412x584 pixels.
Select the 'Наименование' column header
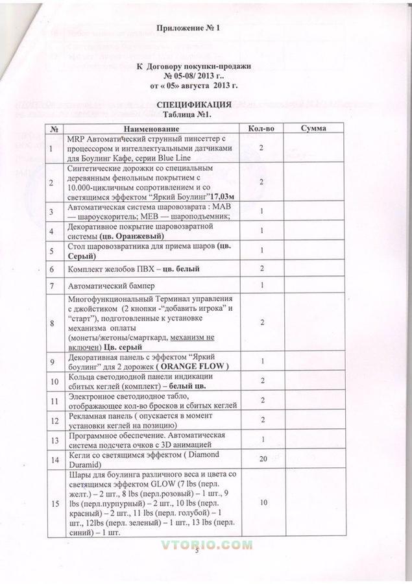[151, 128]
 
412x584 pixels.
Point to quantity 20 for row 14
[263, 459]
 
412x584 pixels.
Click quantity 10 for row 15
[263, 502]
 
